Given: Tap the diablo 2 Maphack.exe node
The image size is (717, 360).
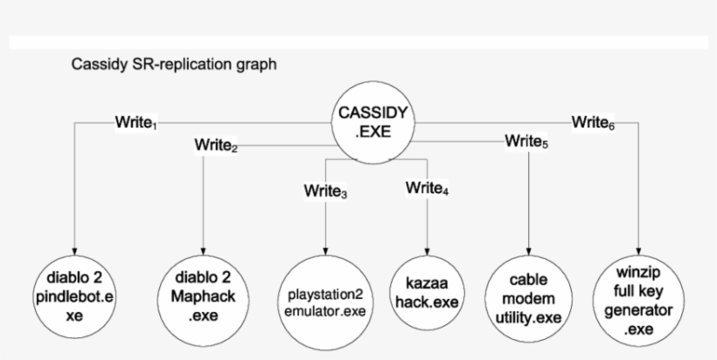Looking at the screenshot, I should pyautogui.click(x=203, y=296).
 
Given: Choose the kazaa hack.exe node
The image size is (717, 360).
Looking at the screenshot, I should pyautogui.click(x=428, y=293).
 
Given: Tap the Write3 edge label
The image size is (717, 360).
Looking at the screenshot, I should pyautogui.click(x=326, y=190).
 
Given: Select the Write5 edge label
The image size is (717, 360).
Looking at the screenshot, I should pyautogui.click(x=526, y=142).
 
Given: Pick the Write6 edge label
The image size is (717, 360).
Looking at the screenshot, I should pyautogui.click(x=592, y=122).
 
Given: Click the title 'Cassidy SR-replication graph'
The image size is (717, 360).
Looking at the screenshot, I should pyautogui.click(x=175, y=65).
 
